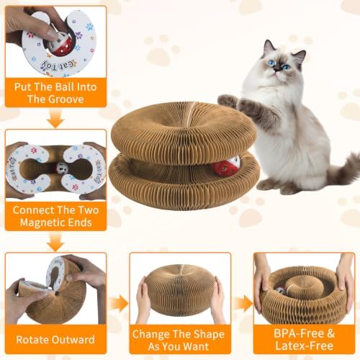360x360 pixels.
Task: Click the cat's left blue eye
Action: pyautogui.click(x=271, y=63)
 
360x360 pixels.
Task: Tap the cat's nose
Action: pyautogui.click(x=278, y=69)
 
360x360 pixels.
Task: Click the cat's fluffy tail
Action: pyautogui.click(x=344, y=169)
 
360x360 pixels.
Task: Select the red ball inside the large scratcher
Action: pyautogui.click(x=225, y=166)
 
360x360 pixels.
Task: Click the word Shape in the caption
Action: pyautogui.click(x=209, y=334)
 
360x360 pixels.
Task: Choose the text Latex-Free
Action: pyautogui.click(x=305, y=346)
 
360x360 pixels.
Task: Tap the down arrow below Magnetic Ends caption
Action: pyautogui.click(x=55, y=243)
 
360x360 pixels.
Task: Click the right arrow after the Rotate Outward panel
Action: pyautogui.click(x=119, y=303)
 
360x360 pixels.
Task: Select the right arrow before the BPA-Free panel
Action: pyautogui.click(x=243, y=303)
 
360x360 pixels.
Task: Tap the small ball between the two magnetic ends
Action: pyautogui.click(x=59, y=168)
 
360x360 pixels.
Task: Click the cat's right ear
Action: pyautogui.click(x=301, y=56)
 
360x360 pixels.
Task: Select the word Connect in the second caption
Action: pyautogui.click(x=28, y=210)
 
